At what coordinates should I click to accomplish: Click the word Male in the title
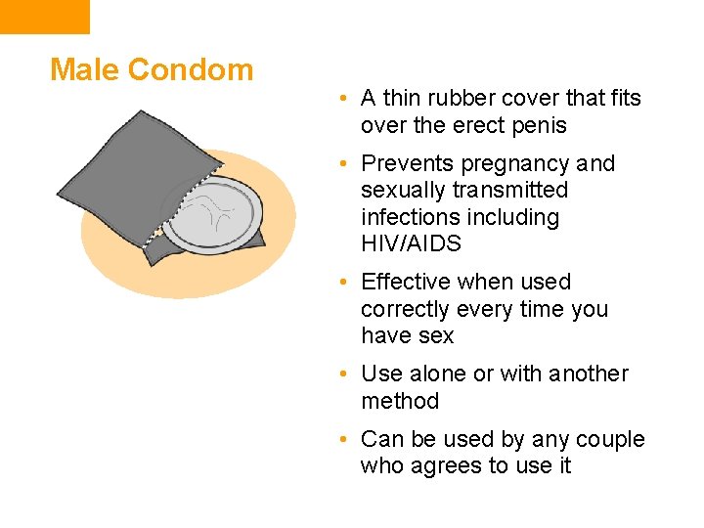coord(84,69)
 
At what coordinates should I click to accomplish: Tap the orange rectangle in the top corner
coord(44,16)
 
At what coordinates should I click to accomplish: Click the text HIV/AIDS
coord(411,243)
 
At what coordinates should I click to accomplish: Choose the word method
coord(400,401)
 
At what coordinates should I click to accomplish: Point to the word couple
coord(610,439)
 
